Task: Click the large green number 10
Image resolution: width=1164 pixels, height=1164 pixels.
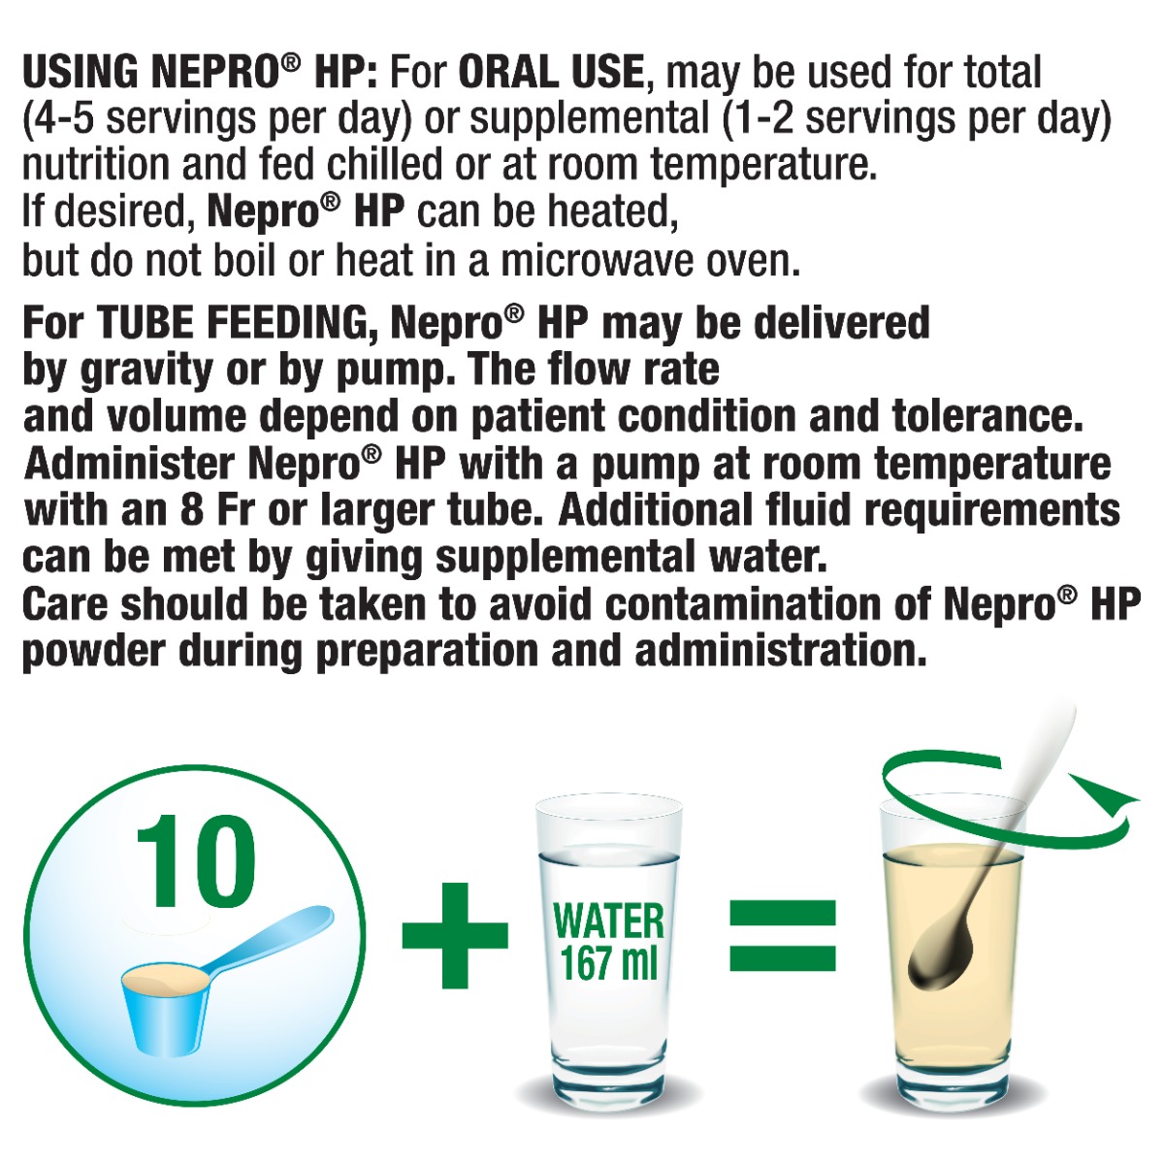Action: (x=196, y=861)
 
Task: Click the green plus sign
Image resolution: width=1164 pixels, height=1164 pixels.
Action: (x=454, y=934)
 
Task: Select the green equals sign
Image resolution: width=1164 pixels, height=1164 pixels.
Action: (x=782, y=935)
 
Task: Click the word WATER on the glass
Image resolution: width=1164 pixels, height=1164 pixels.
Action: (x=608, y=921)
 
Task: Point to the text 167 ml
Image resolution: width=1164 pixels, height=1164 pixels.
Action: (x=608, y=963)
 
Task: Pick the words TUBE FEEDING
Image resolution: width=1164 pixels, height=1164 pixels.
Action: (x=238, y=324)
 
